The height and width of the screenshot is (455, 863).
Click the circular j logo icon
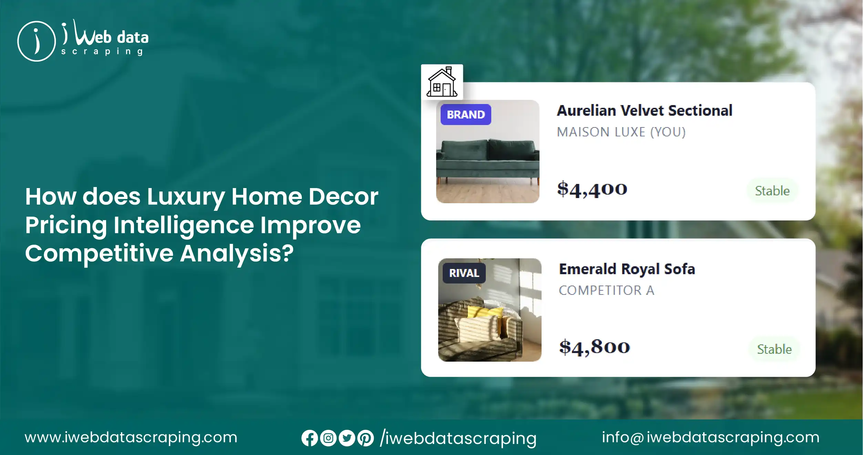(x=37, y=41)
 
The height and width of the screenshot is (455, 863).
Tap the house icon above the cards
(x=442, y=82)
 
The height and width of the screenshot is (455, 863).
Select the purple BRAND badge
(x=466, y=114)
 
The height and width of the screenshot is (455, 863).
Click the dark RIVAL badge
(x=464, y=273)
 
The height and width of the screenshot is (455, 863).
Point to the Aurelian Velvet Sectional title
(x=645, y=111)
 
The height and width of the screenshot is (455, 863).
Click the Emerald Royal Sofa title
(x=627, y=269)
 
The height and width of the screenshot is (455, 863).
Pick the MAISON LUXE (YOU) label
(x=621, y=132)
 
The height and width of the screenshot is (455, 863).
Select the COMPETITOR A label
(x=606, y=290)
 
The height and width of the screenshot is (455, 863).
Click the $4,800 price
(x=595, y=347)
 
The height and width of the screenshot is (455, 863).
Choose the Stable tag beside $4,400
(x=772, y=191)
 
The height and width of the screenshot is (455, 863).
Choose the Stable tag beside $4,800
(x=774, y=349)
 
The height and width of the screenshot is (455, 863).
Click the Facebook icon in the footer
(x=309, y=438)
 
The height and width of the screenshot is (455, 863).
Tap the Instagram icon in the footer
(x=328, y=438)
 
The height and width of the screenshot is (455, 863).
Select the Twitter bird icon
(x=347, y=438)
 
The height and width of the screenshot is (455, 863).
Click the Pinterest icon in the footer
(x=366, y=438)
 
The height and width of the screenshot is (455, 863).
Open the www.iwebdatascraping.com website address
(x=131, y=437)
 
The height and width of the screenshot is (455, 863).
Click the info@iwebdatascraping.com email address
(x=710, y=437)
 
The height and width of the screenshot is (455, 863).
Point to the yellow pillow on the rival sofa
(x=484, y=312)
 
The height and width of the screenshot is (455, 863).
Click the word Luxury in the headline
(x=186, y=197)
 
